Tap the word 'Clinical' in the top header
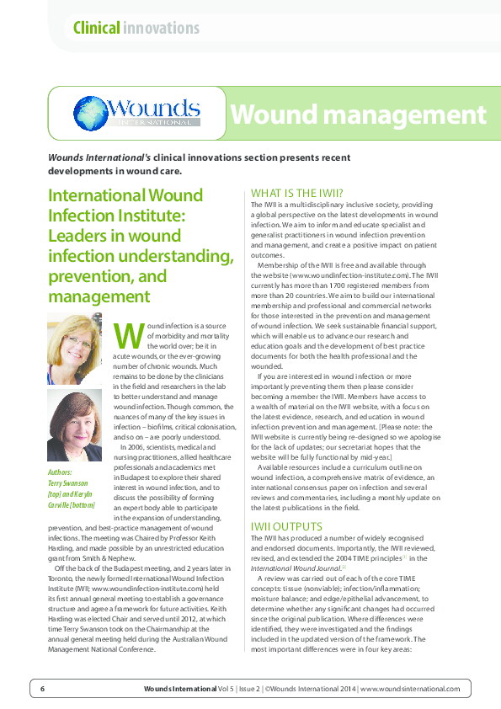point(96,28)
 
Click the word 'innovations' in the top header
point(161,28)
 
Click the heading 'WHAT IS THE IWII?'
point(297,193)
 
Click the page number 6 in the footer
point(42,688)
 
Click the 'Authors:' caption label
point(61,473)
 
